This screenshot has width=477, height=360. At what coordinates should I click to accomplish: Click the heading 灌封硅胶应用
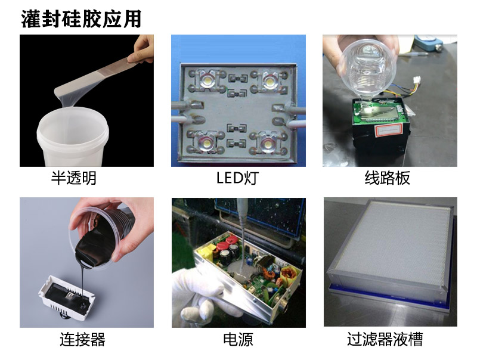[82, 18]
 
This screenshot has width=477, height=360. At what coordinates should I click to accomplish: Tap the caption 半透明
[74, 178]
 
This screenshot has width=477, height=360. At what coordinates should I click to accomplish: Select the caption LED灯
[237, 178]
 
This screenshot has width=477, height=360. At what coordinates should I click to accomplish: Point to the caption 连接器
[83, 340]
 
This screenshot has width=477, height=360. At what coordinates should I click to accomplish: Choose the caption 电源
[238, 340]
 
